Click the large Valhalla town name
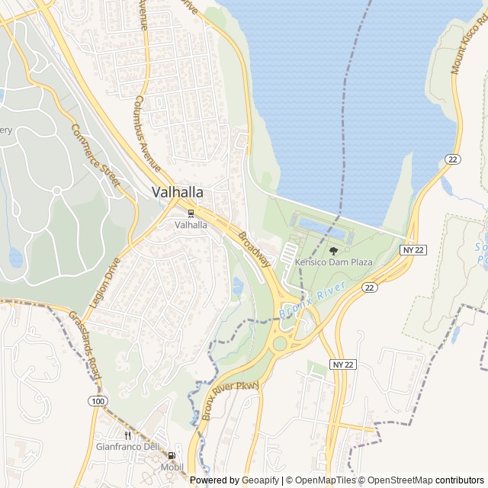click(x=177, y=192)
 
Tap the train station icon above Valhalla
click(x=191, y=213)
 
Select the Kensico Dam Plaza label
click(x=334, y=262)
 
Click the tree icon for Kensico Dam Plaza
click(x=333, y=250)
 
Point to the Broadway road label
click(x=255, y=249)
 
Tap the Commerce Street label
click(x=96, y=155)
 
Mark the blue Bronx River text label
click(x=313, y=299)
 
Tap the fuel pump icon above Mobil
click(x=172, y=456)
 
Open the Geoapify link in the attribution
click(x=262, y=480)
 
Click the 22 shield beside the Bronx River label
click(x=370, y=287)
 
